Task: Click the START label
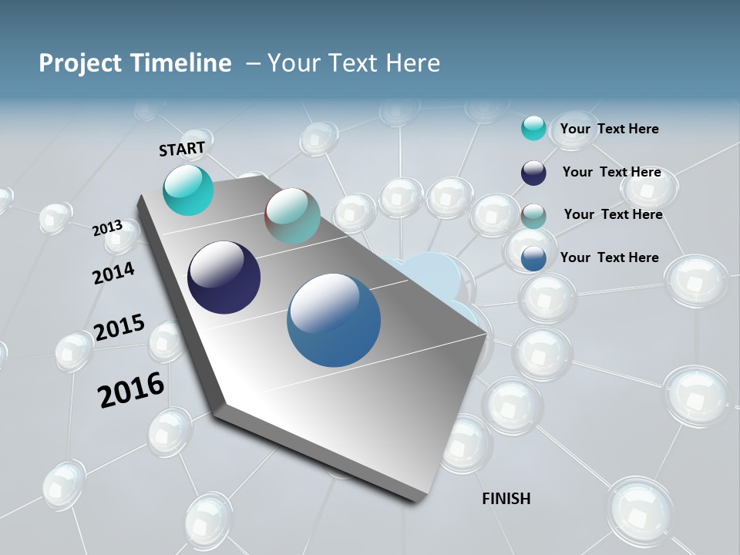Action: pos(182,148)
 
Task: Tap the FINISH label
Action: pos(506,499)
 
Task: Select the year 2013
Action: pos(108,228)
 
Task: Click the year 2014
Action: pos(113,273)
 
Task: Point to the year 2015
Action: pos(119,328)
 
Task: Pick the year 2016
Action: pos(131,390)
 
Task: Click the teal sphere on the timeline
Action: pos(188,190)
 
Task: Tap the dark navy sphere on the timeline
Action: pos(224,277)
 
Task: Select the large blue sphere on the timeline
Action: pos(334,320)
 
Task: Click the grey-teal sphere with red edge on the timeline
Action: pos(292,217)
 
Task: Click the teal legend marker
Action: pos(533,129)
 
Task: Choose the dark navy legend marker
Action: pos(533,173)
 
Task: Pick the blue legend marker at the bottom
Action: pos(533,258)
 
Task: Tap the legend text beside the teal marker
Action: pos(609,129)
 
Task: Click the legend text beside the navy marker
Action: pos(611,172)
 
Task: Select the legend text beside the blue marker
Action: pos(609,257)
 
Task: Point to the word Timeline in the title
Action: pos(185,63)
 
